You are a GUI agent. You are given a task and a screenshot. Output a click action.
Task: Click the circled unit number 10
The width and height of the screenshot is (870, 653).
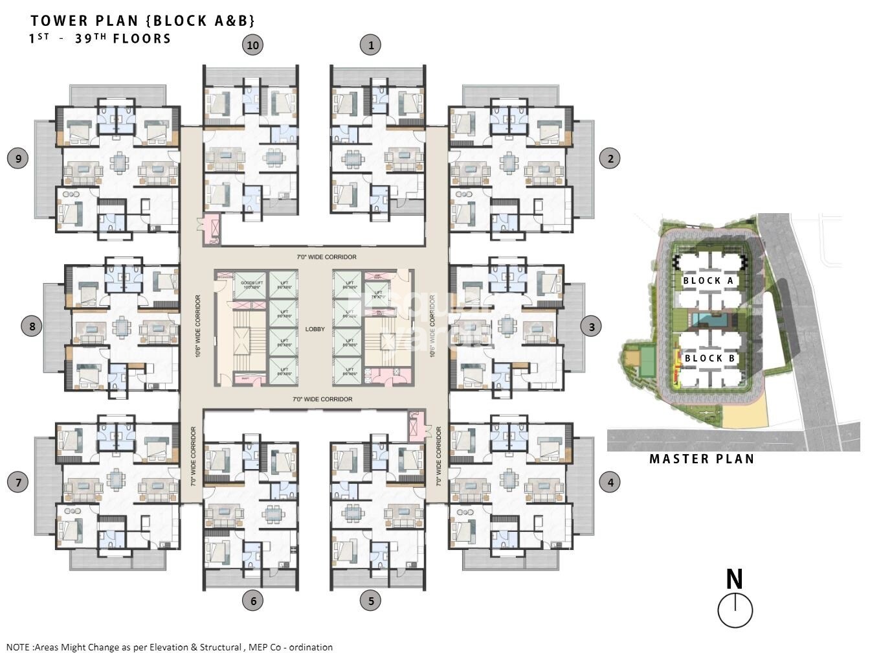(x=252, y=45)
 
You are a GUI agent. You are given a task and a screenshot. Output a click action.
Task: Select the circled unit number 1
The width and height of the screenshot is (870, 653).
(x=370, y=45)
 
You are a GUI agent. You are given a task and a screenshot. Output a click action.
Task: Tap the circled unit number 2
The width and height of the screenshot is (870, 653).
(x=610, y=158)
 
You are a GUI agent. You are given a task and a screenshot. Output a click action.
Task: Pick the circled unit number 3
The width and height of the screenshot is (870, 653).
(x=591, y=326)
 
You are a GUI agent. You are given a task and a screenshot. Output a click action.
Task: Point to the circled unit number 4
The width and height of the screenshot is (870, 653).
(x=610, y=482)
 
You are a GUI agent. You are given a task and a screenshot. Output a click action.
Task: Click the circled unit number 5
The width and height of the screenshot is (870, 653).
(x=370, y=601)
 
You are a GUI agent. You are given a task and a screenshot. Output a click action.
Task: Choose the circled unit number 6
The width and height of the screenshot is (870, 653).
(x=252, y=601)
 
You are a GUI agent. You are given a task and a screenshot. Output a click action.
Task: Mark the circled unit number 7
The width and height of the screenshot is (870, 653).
(x=18, y=482)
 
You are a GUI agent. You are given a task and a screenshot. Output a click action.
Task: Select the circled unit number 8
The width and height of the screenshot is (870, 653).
(x=32, y=325)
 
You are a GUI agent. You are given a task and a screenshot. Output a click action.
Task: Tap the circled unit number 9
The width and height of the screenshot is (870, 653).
(x=18, y=158)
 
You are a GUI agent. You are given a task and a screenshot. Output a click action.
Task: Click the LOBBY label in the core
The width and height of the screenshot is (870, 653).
(x=315, y=329)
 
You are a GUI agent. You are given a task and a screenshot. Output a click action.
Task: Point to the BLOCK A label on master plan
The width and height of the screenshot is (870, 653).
(x=708, y=281)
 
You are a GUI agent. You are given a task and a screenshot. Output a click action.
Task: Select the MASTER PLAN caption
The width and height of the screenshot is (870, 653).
(x=702, y=459)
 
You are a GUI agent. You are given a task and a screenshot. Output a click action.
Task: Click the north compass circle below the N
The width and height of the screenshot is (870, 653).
(x=735, y=610)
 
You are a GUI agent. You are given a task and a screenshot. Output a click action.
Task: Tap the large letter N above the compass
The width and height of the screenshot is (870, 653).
(x=734, y=579)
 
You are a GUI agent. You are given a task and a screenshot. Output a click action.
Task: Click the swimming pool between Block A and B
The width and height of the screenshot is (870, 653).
(x=712, y=319)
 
